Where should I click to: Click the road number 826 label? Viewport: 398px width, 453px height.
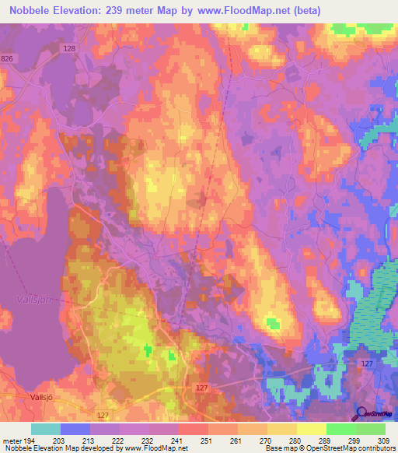tap(8, 59)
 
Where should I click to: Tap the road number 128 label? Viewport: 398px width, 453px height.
tap(70, 48)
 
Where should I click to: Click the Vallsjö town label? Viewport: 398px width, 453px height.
tap(19, 395)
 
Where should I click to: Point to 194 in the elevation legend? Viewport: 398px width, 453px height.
tap(23, 441)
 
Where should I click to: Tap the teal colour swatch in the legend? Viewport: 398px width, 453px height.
tap(46, 429)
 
